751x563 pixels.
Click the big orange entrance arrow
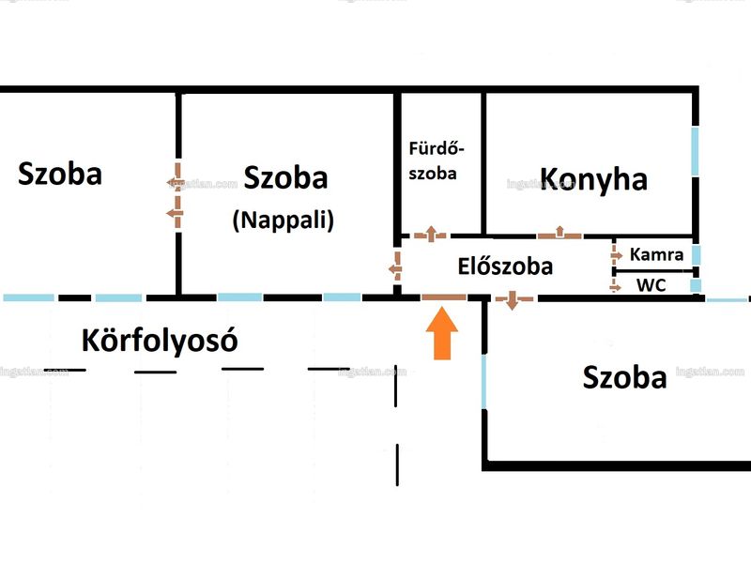click(441, 333)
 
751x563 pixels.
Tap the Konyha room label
click(593, 179)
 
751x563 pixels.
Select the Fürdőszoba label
click(436, 160)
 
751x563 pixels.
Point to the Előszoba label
click(505, 266)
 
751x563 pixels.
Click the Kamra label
click(656, 254)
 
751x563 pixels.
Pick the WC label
click(651, 285)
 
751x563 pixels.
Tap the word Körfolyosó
click(160, 341)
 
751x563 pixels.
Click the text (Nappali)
click(284, 221)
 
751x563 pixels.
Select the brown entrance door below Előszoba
click(444, 297)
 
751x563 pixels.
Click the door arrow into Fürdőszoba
click(431, 234)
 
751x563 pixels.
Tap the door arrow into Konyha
click(559, 233)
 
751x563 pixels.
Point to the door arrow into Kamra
click(616, 254)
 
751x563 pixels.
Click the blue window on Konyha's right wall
click(695, 151)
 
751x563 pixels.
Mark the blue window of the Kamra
click(696, 254)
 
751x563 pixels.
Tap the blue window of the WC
click(696, 286)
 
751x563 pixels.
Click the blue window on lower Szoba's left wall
click(483, 382)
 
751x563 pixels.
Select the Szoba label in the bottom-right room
click(624, 377)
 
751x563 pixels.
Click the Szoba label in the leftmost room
click(60, 174)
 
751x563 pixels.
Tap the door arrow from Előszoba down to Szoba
click(513, 300)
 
